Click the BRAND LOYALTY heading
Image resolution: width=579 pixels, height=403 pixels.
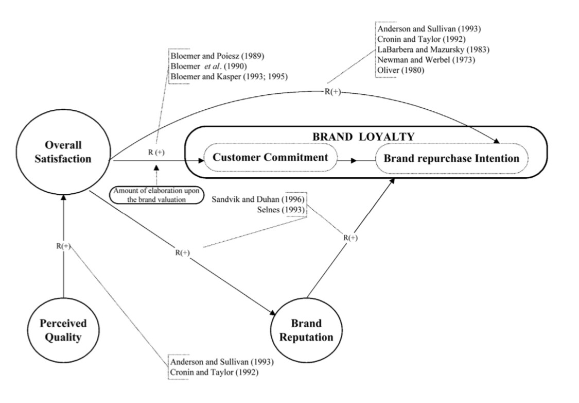(364, 137)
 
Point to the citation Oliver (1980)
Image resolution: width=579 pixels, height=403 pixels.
(400, 70)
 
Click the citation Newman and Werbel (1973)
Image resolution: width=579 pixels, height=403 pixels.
(426, 60)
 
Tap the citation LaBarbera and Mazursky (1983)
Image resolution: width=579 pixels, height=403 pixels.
(433, 49)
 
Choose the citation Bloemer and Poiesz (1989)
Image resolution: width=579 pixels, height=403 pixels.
(217, 56)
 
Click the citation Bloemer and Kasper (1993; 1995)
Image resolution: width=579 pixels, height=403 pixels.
(229, 77)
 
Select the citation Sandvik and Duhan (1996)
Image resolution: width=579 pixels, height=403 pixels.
(258, 199)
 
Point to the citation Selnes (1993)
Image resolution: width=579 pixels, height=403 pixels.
(281, 210)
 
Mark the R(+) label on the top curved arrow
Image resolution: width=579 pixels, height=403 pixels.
(332, 92)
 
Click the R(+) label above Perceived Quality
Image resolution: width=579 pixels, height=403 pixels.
(63, 246)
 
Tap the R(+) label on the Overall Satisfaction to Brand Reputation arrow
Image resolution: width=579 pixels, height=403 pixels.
(182, 253)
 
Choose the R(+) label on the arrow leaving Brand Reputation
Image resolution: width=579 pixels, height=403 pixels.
(350, 238)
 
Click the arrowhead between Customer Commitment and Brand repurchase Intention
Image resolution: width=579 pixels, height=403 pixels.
(354, 161)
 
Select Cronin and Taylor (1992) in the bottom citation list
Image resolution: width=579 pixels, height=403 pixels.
(214, 372)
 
